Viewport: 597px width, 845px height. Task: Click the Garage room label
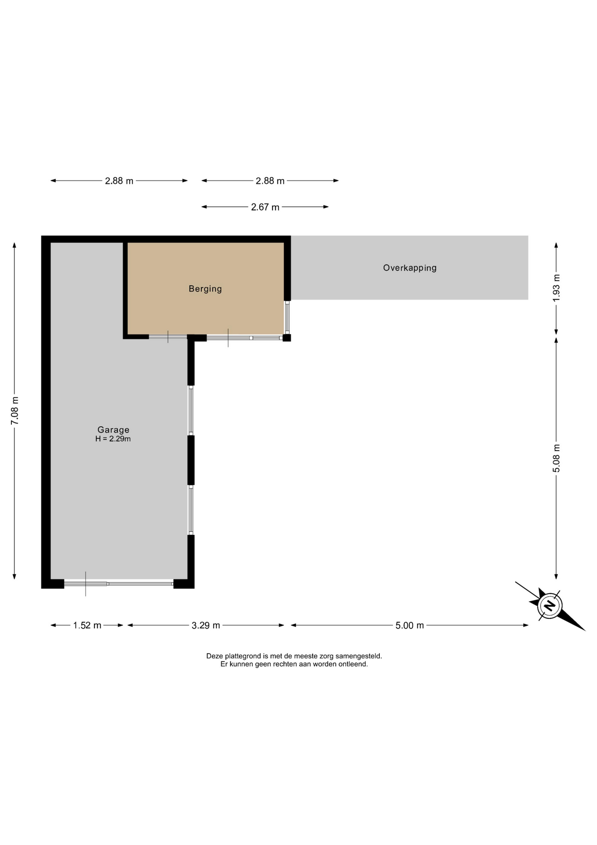113,430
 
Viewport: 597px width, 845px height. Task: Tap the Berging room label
205,289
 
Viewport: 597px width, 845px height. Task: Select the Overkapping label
410,268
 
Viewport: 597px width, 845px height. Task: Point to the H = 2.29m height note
113,439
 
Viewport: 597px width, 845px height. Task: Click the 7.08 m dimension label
15,411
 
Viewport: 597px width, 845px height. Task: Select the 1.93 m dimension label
557,288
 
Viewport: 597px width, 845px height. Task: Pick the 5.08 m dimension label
557,458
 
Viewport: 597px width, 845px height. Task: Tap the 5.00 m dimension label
410,625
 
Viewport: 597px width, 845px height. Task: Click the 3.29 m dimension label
206,625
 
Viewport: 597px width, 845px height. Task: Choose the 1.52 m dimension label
87,625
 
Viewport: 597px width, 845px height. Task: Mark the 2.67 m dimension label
265,207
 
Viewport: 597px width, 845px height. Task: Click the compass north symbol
550,606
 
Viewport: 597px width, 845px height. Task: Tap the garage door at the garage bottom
119,584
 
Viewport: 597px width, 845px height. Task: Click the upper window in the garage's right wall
191,411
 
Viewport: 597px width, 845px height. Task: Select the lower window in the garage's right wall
191,510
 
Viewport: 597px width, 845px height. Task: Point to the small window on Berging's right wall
287,318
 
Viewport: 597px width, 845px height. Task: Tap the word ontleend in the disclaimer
353,664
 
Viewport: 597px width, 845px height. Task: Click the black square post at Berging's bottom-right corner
287,338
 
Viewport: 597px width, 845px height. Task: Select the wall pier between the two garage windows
191,460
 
